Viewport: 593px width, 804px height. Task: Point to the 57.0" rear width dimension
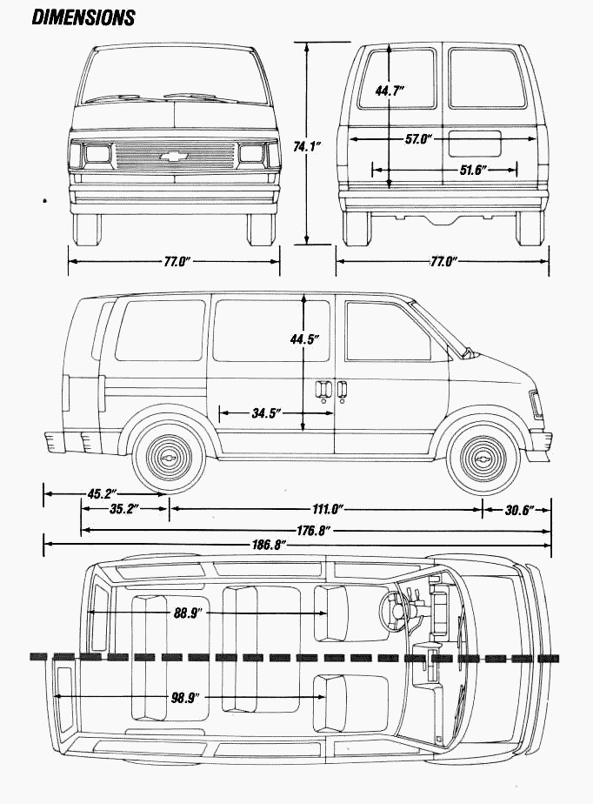tap(418, 138)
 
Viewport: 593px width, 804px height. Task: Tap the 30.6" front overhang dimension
tap(519, 508)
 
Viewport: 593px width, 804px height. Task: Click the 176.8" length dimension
tap(314, 528)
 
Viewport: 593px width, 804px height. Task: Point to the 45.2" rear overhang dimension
tap(103, 494)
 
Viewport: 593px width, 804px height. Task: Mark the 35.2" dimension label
tap(125, 509)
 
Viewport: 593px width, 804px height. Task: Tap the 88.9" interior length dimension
tap(188, 613)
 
